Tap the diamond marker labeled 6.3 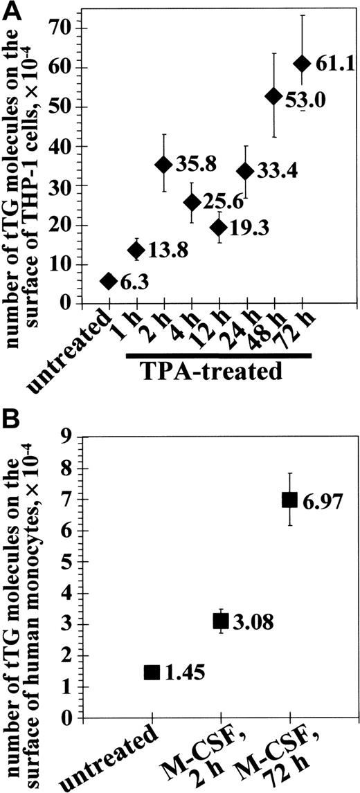pyautogui.click(x=109, y=280)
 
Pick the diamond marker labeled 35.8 pyautogui.click(x=164, y=164)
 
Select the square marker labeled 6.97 pyautogui.click(x=289, y=499)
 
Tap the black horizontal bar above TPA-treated pyautogui.click(x=218, y=356)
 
